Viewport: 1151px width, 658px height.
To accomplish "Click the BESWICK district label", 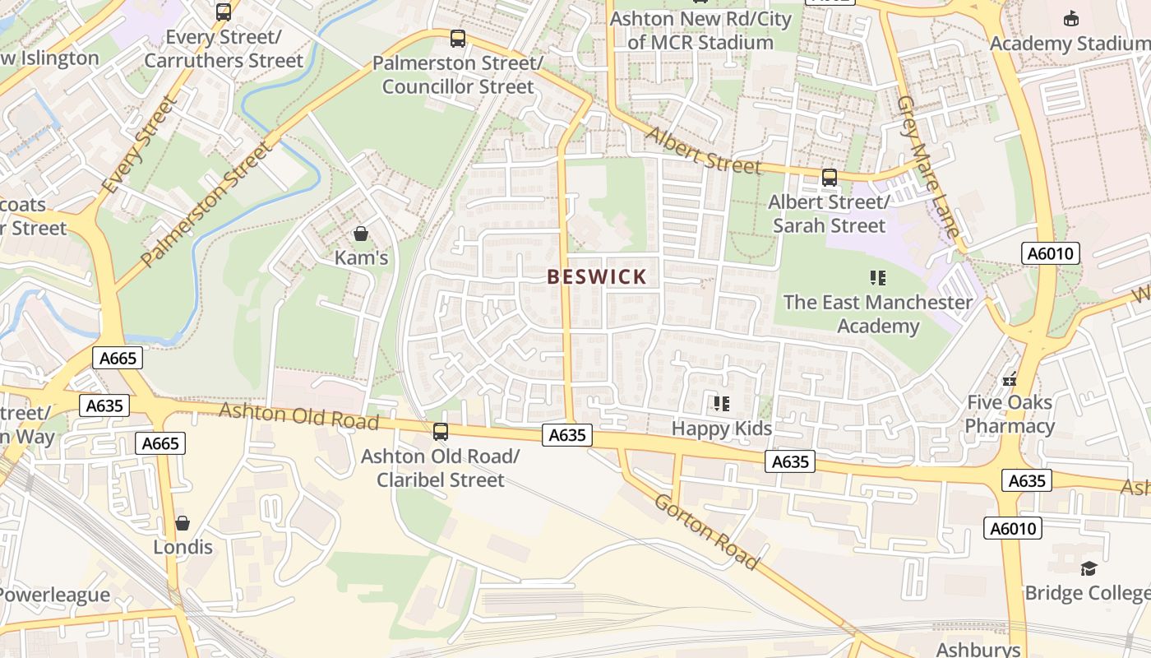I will (x=597, y=277).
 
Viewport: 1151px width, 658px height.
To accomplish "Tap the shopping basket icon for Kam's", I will (x=360, y=234).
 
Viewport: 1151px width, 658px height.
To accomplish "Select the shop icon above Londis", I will (x=183, y=523).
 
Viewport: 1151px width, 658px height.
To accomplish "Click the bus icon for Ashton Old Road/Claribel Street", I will (x=441, y=431).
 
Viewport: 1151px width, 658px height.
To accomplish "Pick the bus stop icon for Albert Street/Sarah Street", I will (x=829, y=177).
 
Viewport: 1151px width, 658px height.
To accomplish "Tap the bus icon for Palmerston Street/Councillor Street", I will (x=458, y=39).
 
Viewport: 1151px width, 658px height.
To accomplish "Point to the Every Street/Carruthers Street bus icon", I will (x=224, y=12).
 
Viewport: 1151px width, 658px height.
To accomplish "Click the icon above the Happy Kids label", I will (x=722, y=403).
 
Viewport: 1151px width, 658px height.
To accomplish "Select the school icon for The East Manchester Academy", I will (x=877, y=278).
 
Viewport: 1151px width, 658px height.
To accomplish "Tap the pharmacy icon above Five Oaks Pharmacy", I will (x=1010, y=379).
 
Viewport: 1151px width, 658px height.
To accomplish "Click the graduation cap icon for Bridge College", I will (x=1089, y=568).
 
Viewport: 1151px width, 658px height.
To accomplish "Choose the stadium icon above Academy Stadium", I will (x=1071, y=18).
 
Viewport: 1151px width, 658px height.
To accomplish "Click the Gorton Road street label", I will (x=705, y=531).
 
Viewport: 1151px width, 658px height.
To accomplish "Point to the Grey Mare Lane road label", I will (x=928, y=167).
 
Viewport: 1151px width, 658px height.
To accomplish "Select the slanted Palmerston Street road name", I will (x=206, y=205).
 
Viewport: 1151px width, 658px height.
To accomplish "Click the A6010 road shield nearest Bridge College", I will (x=1013, y=528).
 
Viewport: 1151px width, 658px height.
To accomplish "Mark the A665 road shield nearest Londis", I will (x=160, y=443).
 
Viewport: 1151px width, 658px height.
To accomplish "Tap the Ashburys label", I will (x=978, y=649).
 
